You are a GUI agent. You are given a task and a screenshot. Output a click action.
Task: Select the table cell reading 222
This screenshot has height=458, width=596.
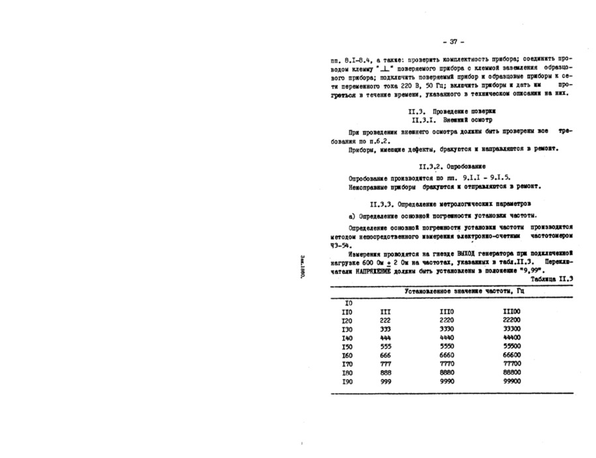coord(385,320)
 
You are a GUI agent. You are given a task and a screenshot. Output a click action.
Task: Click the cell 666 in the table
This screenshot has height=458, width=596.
coord(385,355)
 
